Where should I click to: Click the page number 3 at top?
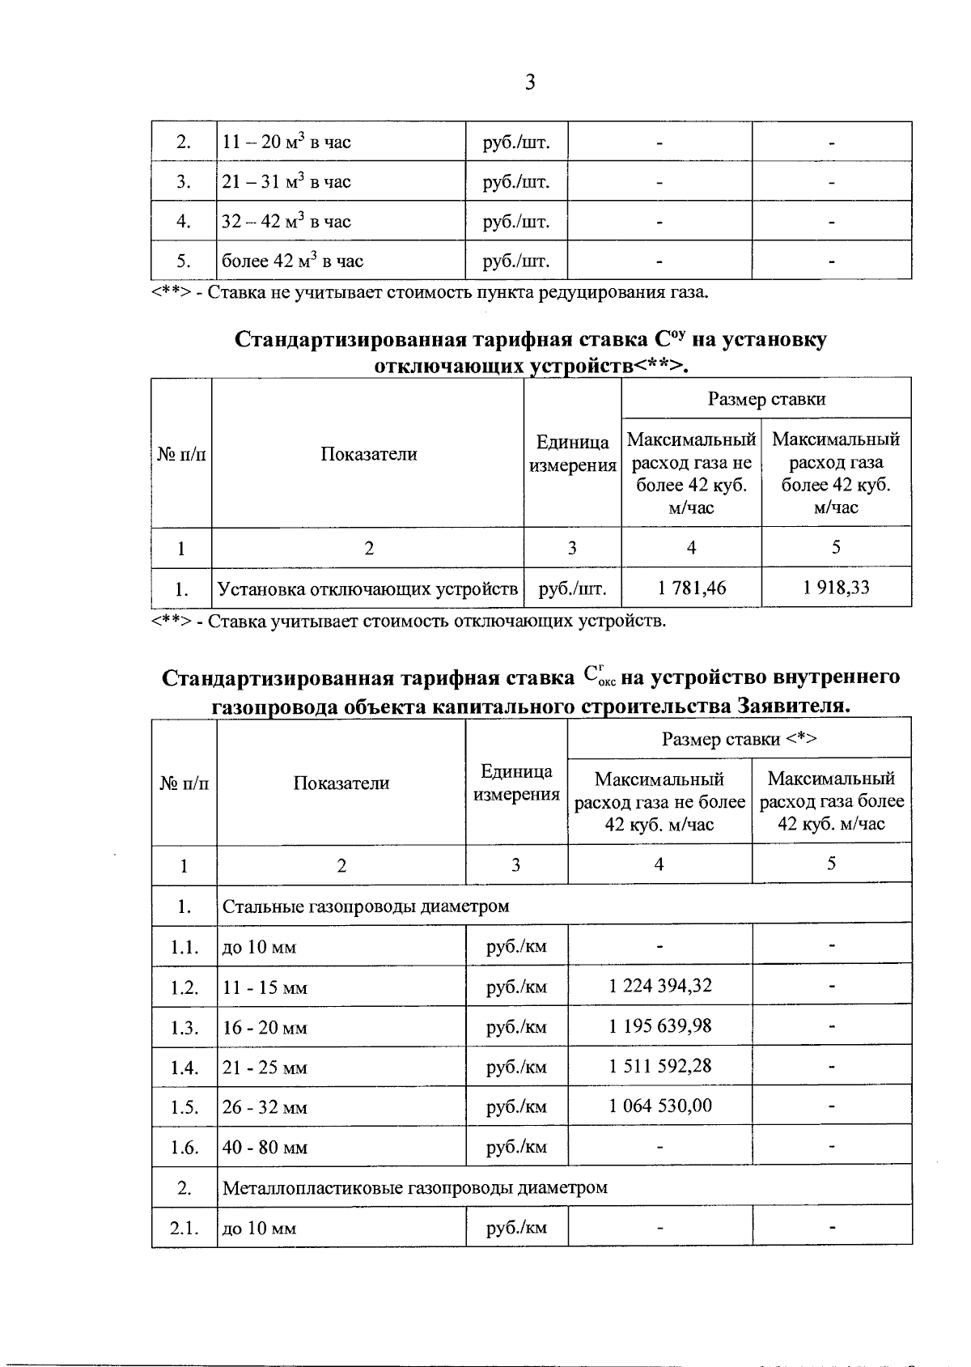coord(530,83)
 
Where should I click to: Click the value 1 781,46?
coord(691,588)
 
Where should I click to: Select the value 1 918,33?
coord(836,588)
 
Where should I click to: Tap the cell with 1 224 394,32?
coord(659,986)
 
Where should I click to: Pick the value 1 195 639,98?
coord(659,1025)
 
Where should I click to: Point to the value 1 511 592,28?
coord(659,1066)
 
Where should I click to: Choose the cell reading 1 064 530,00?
coord(659,1106)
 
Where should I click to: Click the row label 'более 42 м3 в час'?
coord(293,261)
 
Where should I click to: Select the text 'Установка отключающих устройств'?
coord(368,588)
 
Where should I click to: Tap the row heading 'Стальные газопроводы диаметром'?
coord(366,906)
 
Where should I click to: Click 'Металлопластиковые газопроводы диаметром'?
coord(414,1187)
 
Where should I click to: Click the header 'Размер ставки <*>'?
coord(740,738)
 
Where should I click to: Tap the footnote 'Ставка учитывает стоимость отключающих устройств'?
coord(409,622)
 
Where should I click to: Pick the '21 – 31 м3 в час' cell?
coord(286,181)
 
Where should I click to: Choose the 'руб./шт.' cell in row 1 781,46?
coord(572,588)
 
